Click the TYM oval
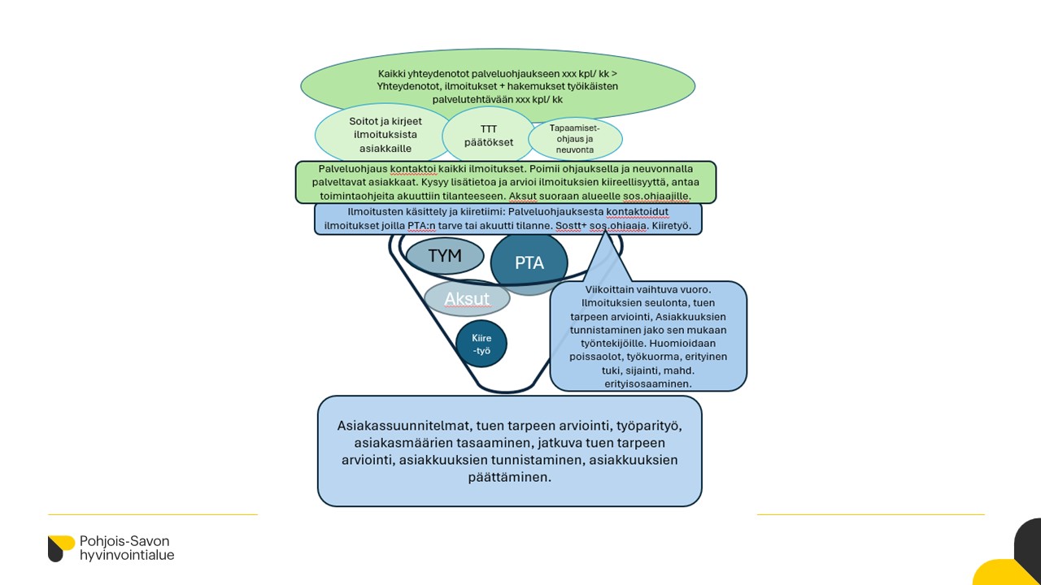445,256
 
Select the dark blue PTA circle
529,263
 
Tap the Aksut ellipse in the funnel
467,298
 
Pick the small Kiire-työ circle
481,344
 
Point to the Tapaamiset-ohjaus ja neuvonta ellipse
575,139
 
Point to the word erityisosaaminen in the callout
648,383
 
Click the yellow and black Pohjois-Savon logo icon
61,548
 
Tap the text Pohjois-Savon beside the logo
124,541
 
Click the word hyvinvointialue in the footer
127,556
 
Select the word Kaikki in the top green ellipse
394,73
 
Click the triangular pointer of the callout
608,258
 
